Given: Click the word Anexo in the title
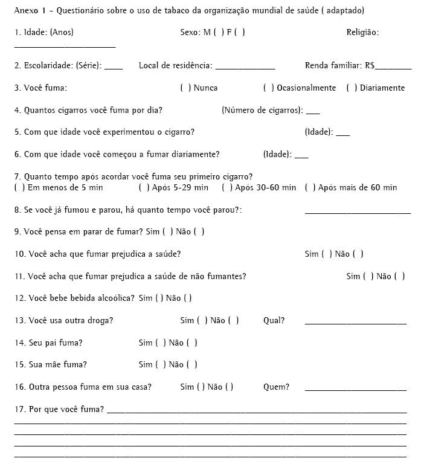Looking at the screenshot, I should coord(26,11).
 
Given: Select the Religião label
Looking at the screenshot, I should coord(362,33).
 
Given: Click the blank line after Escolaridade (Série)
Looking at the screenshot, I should coord(114,68).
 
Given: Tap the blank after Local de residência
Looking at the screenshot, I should coord(245,68).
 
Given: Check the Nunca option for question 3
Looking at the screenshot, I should coord(184,88).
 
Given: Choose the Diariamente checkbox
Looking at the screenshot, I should coord(351,88).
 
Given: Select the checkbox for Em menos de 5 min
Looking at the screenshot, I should coord(19,188).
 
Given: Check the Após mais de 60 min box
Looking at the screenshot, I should coord(310,188).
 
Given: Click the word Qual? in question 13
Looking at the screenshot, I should coord(274,321).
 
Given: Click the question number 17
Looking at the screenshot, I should coord(18,410).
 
